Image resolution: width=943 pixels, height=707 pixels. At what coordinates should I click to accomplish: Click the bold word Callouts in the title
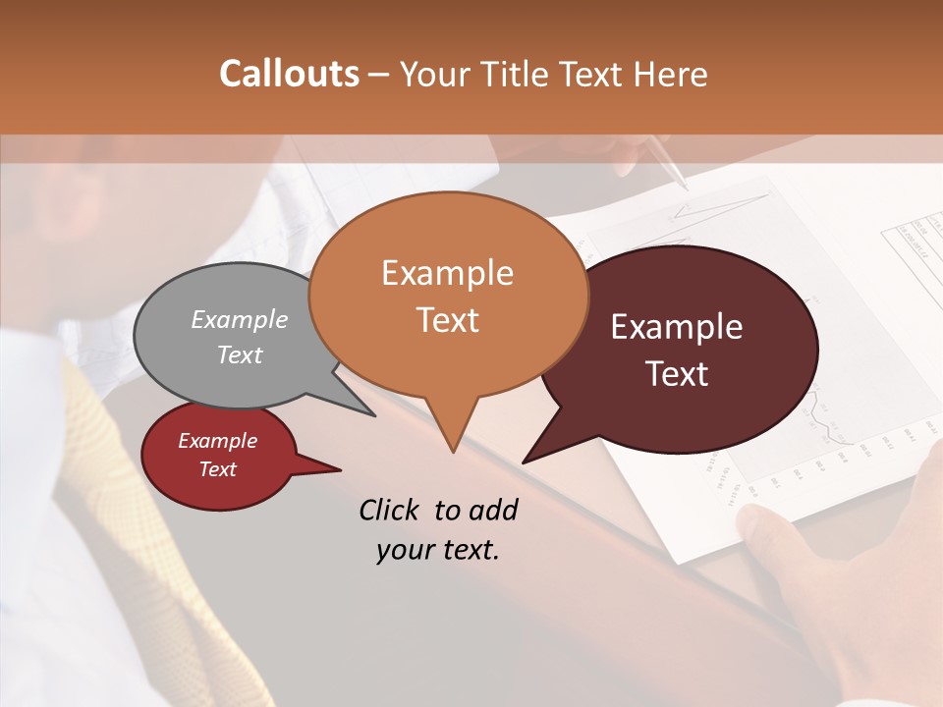[x=289, y=74]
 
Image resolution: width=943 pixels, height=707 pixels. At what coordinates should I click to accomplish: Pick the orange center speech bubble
[x=448, y=295]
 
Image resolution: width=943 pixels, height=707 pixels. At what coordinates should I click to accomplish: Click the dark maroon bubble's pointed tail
[x=527, y=461]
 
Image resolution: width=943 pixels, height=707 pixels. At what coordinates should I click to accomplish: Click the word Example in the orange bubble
[x=448, y=273]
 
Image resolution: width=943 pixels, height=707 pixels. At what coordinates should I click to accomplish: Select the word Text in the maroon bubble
[x=677, y=374]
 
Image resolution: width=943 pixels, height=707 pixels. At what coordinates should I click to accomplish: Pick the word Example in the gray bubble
[x=240, y=319]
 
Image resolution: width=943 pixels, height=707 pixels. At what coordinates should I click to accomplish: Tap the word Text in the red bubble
[x=218, y=469]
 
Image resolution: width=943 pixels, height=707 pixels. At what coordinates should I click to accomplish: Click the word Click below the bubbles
[x=390, y=510]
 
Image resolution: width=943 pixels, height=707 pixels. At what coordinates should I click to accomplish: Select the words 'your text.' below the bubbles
[x=438, y=550]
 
